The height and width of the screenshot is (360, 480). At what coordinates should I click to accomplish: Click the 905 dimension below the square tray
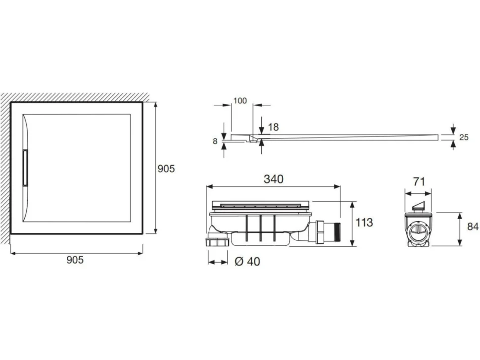(75, 260)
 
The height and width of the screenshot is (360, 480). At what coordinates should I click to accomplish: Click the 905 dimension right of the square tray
(166, 169)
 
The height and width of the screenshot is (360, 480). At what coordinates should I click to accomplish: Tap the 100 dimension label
(240, 100)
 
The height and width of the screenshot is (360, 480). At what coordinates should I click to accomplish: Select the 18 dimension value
(273, 127)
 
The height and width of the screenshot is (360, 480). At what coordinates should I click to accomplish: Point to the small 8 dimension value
(215, 141)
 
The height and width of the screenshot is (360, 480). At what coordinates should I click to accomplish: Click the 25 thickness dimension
(464, 137)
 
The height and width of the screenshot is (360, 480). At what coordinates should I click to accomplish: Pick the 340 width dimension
(274, 179)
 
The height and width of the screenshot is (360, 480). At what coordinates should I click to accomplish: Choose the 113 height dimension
(364, 223)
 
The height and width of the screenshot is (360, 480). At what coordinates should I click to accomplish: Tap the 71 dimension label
(419, 181)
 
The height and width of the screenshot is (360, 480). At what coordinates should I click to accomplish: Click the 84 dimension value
(473, 226)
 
